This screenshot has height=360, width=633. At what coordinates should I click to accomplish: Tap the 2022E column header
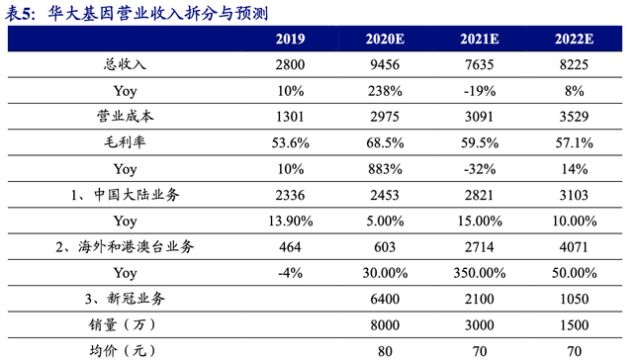tap(574, 41)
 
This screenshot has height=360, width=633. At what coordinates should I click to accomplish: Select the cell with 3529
tap(574, 118)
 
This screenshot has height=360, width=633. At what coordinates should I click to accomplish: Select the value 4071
tap(574, 246)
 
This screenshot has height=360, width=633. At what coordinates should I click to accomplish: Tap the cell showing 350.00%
tap(478, 272)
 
